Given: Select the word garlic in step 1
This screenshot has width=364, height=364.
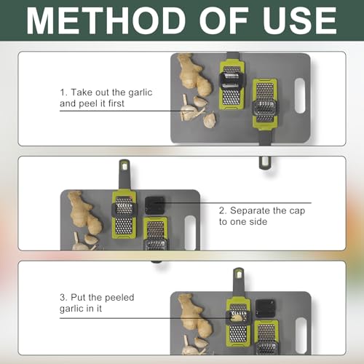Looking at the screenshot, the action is point(141,92).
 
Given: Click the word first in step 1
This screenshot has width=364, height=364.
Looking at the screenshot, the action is point(116,103).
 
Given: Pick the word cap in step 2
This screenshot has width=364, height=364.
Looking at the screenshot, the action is point(297,211).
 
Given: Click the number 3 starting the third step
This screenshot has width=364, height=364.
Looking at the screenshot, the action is point(63,298).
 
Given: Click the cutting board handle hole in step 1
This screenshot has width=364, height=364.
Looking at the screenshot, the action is point(300,95).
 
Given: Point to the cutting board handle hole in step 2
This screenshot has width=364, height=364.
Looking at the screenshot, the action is point(190,232).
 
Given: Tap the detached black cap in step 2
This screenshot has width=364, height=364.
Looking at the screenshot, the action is point(154,205).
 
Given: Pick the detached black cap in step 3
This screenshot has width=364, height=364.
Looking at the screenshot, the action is point(265,309).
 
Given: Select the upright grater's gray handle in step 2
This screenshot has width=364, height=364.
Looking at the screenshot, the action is point(124,175).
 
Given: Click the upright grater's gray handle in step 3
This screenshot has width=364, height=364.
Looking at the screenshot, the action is point(238,282).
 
